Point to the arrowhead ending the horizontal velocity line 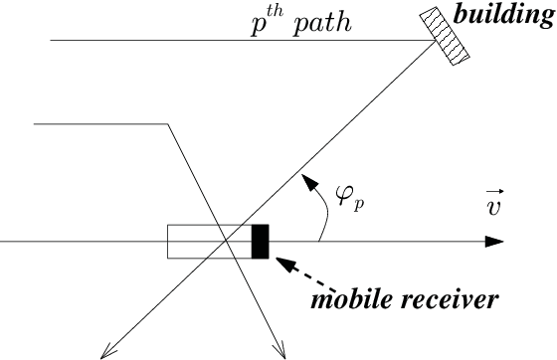(495, 242)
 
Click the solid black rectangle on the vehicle (260, 242)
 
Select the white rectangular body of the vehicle (199, 242)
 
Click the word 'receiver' (450, 297)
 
